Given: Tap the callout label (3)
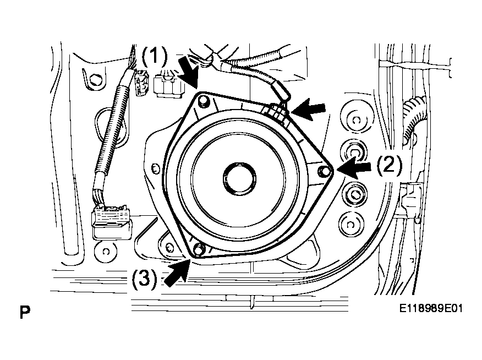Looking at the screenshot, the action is (145, 279).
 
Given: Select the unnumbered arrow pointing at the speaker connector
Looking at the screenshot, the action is (308, 110).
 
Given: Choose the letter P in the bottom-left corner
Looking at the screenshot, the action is (25, 312).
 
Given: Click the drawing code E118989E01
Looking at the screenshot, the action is (431, 308).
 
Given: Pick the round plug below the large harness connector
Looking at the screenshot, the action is (106, 252).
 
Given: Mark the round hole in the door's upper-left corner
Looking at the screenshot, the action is (96, 79).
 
